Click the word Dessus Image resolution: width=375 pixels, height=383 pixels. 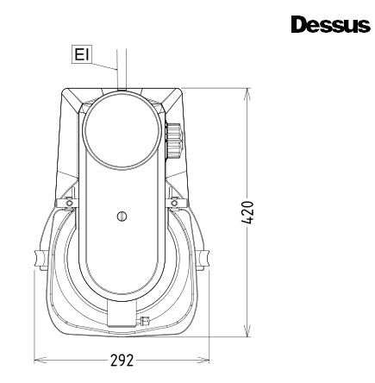(x=330, y=24)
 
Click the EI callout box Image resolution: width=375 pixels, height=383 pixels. (x=82, y=54)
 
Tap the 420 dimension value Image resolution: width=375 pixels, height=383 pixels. (x=247, y=212)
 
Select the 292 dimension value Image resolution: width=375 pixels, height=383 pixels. (x=122, y=361)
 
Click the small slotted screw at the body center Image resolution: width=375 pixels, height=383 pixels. (x=122, y=217)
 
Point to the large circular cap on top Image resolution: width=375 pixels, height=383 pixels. (x=121, y=129)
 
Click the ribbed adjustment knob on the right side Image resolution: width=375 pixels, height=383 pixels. (x=173, y=141)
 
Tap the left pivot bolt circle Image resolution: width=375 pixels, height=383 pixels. (x=70, y=203)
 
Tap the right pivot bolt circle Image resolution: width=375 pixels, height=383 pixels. (x=174, y=203)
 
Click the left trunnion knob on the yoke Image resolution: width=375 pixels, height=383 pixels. (x=40, y=260)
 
